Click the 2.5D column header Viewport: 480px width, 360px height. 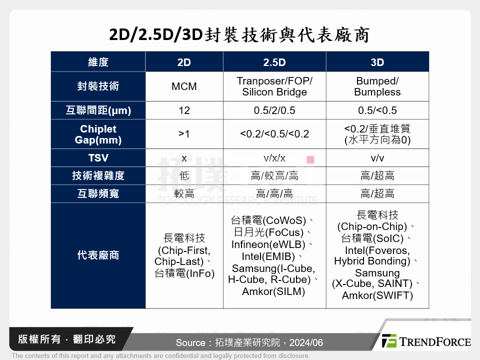click(x=274, y=62)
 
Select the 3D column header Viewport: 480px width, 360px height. click(x=377, y=62)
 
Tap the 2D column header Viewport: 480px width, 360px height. click(x=184, y=62)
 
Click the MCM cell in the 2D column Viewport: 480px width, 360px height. click(x=184, y=86)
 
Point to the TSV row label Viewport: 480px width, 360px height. click(x=98, y=158)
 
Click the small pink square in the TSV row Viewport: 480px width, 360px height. click(x=310, y=159)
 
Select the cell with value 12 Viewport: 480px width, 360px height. click(x=184, y=110)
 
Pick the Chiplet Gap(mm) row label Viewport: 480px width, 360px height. click(x=98, y=134)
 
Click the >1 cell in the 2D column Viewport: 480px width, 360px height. click(x=184, y=134)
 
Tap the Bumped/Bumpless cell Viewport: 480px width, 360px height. click(x=377, y=86)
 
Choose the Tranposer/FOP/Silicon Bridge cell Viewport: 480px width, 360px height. click(x=274, y=86)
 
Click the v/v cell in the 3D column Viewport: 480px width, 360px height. click(x=377, y=158)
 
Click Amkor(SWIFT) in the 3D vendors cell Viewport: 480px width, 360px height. click(x=377, y=295)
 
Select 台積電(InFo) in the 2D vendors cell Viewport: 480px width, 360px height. click(x=184, y=273)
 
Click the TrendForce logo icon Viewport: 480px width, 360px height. click(x=389, y=341)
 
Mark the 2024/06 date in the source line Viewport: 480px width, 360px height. click(x=306, y=343)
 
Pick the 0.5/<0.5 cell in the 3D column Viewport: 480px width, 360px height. click(x=377, y=110)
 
